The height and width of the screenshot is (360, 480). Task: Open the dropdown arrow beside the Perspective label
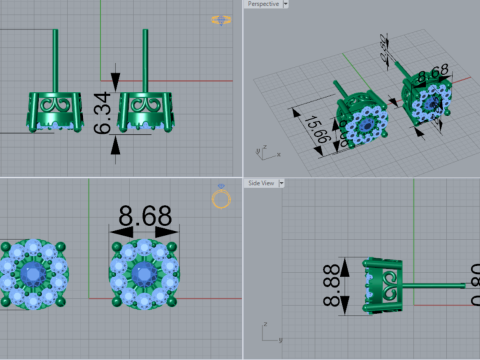click(286, 4)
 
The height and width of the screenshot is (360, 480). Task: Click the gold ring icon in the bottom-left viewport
click(221, 197)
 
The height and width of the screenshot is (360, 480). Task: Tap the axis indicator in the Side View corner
click(264, 327)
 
